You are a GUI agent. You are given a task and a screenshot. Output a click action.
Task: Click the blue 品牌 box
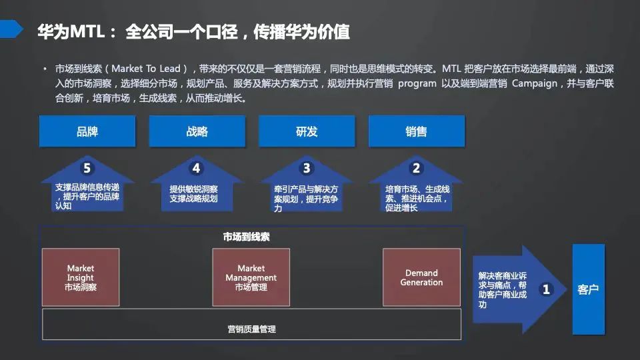pyautogui.click(x=87, y=131)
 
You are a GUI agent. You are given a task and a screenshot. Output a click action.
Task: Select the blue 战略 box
pyautogui.click(x=197, y=131)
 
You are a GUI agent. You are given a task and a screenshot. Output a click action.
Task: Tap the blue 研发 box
pyautogui.click(x=307, y=131)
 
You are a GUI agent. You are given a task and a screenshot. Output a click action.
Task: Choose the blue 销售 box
pyautogui.click(x=416, y=131)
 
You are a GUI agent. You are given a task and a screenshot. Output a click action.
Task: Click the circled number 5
pyautogui.click(x=87, y=168)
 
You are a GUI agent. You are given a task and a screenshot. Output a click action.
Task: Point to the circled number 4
pyautogui.click(x=196, y=168)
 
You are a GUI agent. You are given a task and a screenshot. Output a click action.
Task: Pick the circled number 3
pyautogui.click(x=307, y=168)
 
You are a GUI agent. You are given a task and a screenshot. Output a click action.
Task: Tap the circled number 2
pyautogui.click(x=416, y=168)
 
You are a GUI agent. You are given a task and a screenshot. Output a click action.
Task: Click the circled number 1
pyautogui.click(x=547, y=289)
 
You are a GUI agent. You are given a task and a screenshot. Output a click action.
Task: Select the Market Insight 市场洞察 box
pyautogui.click(x=81, y=277)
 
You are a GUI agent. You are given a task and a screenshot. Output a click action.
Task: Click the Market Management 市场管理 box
pyautogui.click(x=251, y=277)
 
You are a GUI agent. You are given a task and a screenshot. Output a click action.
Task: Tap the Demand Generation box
pyautogui.click(x=421, y=277)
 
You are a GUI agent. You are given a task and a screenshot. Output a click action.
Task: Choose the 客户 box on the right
pyautogui.click(x=588, y=289)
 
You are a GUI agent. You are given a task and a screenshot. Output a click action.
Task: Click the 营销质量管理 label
pyautogui.click(x=251, y=329)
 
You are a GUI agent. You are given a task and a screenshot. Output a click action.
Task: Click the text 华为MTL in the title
pyautogui.click(x=69, y=31)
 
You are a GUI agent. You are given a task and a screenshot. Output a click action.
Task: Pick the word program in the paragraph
pyautogui.click(x=417, y=84)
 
